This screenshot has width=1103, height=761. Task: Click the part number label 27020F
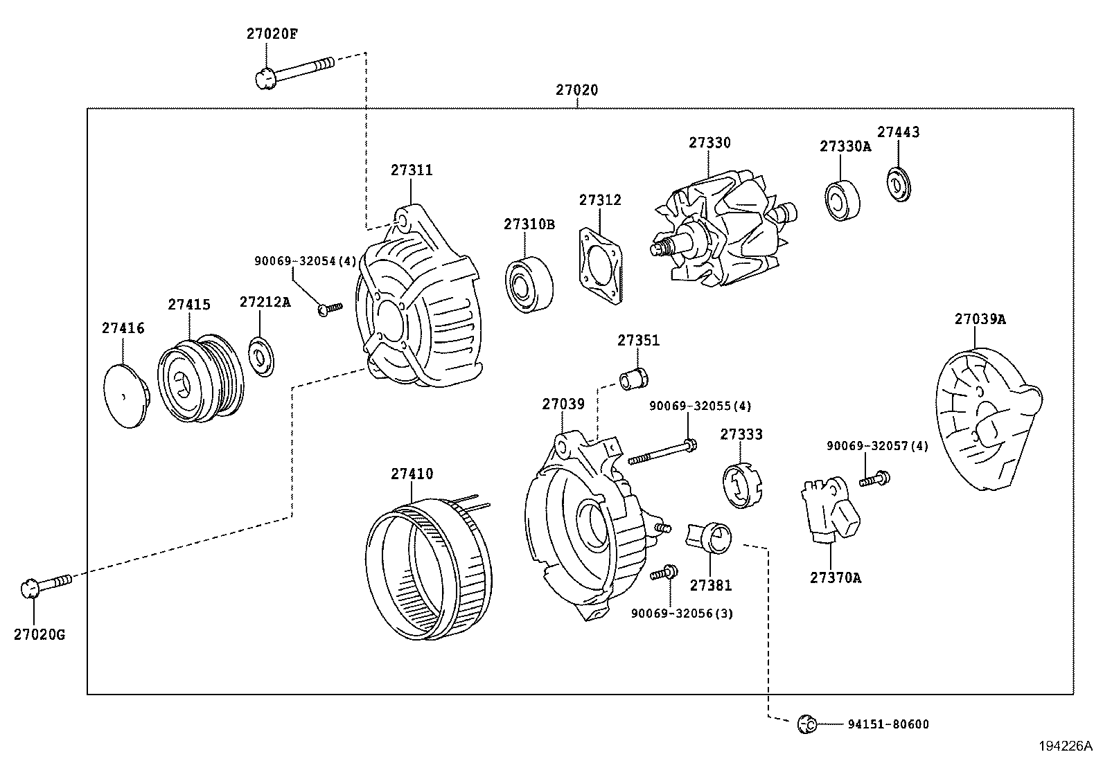pos(272,33)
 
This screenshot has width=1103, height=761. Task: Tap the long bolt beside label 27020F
pos(294,71)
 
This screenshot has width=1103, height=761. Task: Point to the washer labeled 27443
pos(899,184)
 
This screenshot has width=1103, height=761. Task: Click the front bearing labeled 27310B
pos(529,284)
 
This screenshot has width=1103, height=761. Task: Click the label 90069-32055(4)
pos(700,406)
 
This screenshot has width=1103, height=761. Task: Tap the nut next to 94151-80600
pos(805,724)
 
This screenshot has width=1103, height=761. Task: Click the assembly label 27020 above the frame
pos(576,89)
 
